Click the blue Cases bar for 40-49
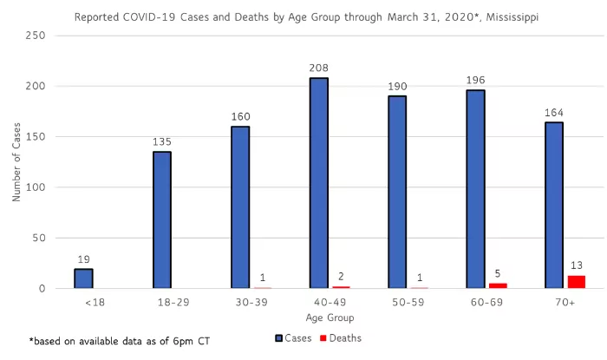(x=319, y=183)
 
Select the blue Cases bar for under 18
(x=83, y=278)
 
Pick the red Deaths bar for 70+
(x=577, y=282)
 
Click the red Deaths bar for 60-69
(x=498, y=285)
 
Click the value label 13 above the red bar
(x=577, y=264)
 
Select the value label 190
(x=397, y=84)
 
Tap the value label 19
(x=83, y=258)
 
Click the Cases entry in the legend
(x=296, y=338)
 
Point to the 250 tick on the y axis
(x=39, y=36)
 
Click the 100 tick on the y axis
(x=39, y=187)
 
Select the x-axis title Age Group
(x=323, y=317)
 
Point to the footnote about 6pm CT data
(x=107, y=340)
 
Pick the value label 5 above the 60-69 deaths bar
(x=498, y=272)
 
